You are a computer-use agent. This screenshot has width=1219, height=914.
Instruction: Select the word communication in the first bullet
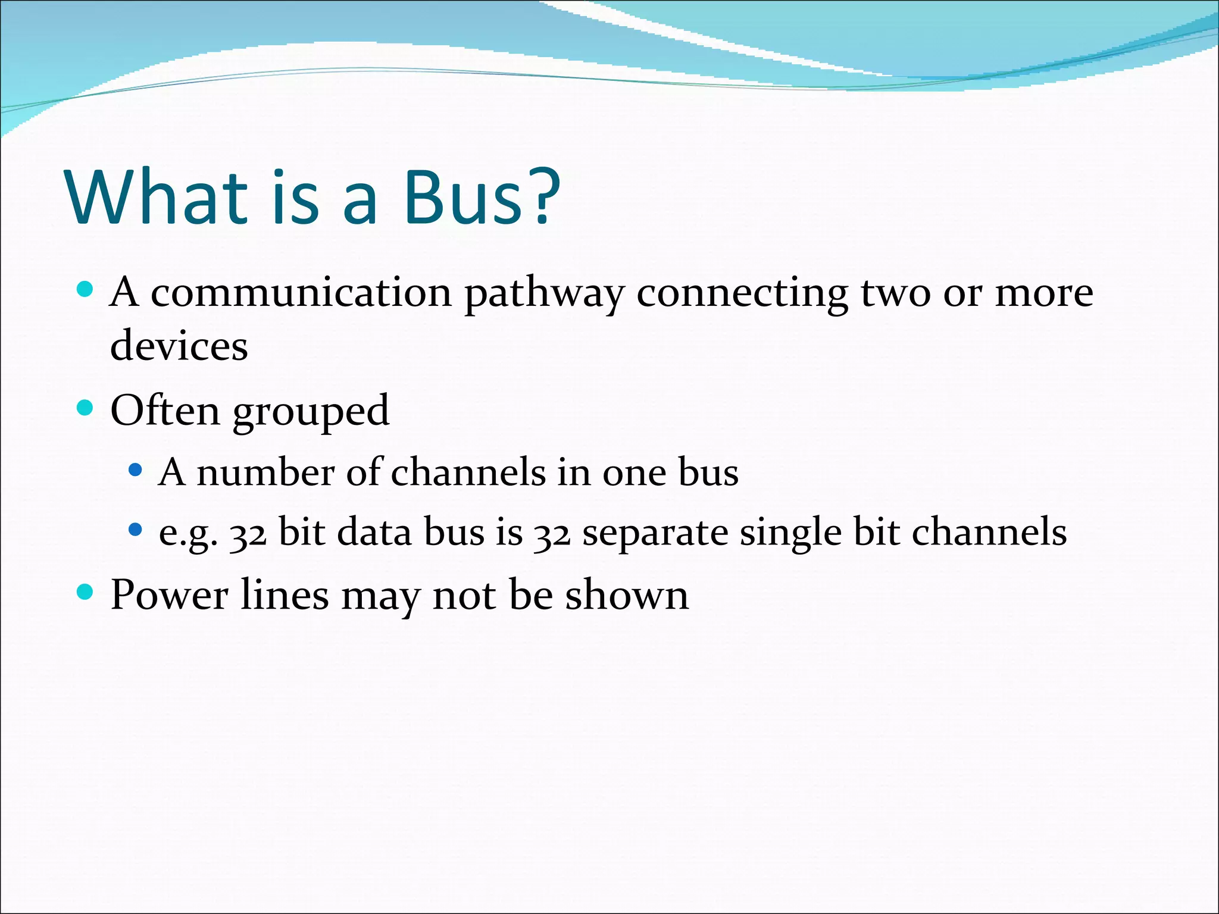click(x=301, y=293)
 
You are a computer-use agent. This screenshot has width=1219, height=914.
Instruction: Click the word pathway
click(x=544, y=294)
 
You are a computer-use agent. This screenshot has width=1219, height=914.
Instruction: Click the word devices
click(x=179, y=346)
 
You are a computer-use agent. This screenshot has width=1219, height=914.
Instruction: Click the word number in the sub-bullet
click(x=265, y=472)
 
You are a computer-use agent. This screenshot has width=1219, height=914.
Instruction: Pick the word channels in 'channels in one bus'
click(x=468, y=472)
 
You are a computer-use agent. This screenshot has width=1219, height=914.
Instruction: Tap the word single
click(x=790, y=533)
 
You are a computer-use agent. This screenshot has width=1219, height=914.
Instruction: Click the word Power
click(x=169, y=594)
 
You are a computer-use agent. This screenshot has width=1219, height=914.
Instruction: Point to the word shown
click(x=626, y=594)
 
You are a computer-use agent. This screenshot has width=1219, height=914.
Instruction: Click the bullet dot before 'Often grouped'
click(x=86, y=408)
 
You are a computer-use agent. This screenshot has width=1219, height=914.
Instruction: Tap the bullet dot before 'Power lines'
click(x=86, y=592)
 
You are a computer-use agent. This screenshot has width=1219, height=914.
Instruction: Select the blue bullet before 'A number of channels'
click(x=136, y=470)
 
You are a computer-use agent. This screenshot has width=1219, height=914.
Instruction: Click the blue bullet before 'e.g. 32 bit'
click(x=136, y=529)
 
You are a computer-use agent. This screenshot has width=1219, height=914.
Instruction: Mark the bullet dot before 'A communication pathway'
click(x=86, y=290)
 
